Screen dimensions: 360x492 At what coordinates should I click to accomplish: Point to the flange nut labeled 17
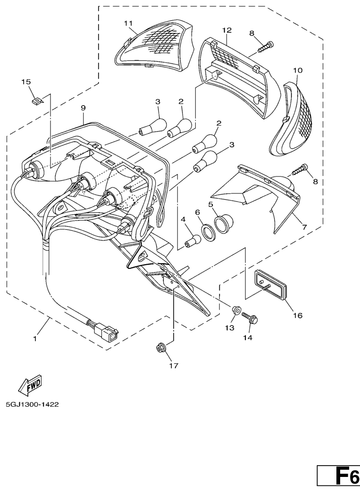[x=160, y=349]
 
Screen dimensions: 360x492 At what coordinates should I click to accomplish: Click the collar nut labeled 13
[x=236, y=310]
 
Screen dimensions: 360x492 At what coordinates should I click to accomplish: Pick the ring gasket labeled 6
[x=208, y=233]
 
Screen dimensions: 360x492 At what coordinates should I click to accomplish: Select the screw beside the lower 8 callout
[x=300, y=169]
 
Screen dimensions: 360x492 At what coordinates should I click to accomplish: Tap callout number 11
[x=128, y=23]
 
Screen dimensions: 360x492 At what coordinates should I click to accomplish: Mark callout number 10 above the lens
[x=298, y=70]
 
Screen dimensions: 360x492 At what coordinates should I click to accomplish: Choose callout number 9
[x=83, y=108]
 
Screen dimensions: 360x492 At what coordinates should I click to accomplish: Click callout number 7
[x=304, y=227]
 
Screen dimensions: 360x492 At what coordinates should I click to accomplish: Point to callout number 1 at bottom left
[x=35, y=339]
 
